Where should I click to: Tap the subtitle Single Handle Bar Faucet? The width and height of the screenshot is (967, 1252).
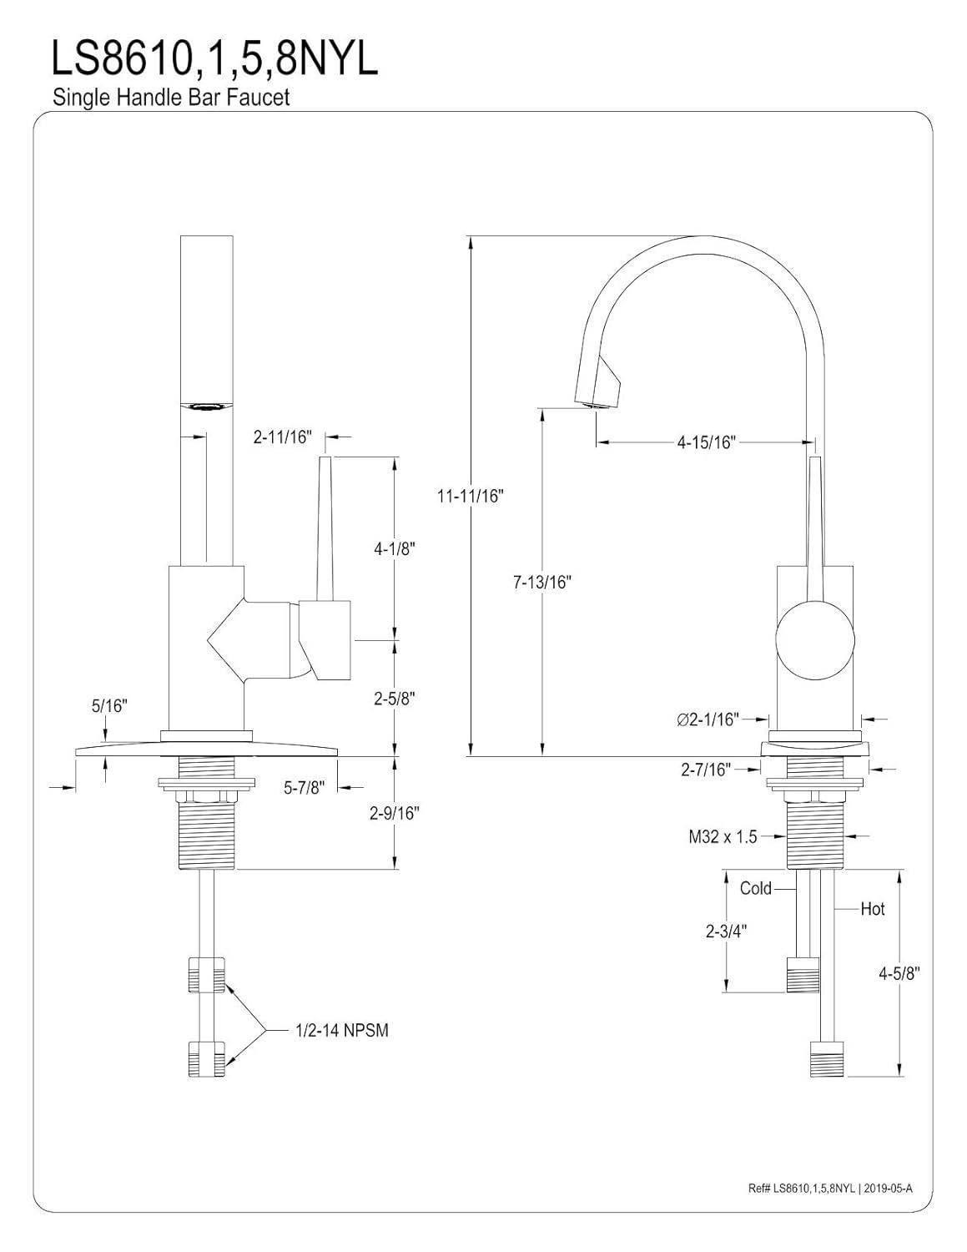[x=171, y=98]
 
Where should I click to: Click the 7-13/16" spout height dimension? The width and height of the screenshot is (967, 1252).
[x=541, y=583]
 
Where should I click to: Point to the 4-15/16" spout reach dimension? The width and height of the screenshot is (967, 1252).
[x=705, y=442]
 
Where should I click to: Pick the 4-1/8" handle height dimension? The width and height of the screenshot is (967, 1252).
[x=395, y=549]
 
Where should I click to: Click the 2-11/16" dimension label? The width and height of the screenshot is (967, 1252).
[x=283, y=437]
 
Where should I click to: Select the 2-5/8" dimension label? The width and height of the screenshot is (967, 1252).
[x=395, y=698]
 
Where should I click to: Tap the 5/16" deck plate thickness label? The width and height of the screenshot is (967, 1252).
[x=108, y=706]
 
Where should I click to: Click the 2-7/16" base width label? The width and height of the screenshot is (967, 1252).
[x=705, y=770]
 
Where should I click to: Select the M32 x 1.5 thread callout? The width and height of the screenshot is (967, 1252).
[x=723, y=836]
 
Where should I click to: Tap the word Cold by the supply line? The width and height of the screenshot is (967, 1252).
[x=756, y=888]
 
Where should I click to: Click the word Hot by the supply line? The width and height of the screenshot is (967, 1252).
[x=873, y=909]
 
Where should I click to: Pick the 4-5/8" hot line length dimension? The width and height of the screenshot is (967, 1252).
[x=899, y=972]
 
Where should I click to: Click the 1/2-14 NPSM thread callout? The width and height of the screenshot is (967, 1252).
[x=341, y=1031]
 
